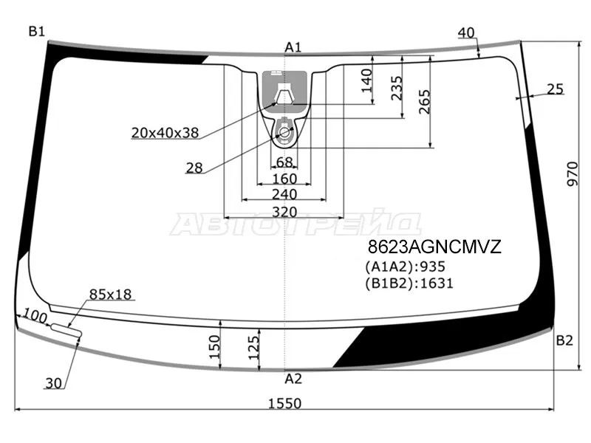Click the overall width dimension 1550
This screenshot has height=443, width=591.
pos(284,403)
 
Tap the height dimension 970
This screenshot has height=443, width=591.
pos(573,174)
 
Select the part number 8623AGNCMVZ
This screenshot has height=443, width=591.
pos(434,247)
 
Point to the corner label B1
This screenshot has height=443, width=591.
pos(36,32)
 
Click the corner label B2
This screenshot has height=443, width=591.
pos(564,340)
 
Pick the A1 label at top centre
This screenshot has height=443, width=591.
pos(293,47)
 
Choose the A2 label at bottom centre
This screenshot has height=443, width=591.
pos(293,379)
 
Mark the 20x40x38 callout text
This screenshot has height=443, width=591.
pos(165,133)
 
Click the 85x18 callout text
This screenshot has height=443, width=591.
pos(110,294)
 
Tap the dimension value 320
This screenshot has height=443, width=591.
pos(284,212)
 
